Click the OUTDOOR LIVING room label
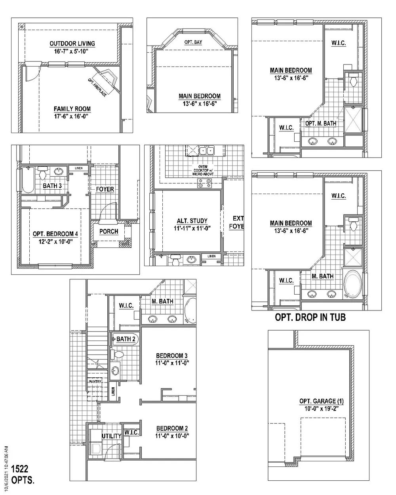[x=72, y=44]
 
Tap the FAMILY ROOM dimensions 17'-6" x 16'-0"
[x=71, y=116]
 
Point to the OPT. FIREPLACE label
[x=97, y=88]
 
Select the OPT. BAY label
[x=193, y=42]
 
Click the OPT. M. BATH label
[x=321, y=124]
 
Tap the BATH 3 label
[x=52, y=186]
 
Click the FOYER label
[x=105, y=189]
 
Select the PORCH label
[x=109, y=231]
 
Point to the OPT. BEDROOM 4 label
[x=55, y=234]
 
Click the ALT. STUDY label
[x=192, y=221]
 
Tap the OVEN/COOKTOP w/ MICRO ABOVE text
[x=203, y=170]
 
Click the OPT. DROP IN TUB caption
[x=310, y=318]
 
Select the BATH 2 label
[x=126, y=339]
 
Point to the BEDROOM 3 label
[x=171, y=356]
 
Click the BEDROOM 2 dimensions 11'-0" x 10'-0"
[x=172, y=436]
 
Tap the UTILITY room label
[x=112, y=436]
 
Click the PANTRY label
[x=95, y=382]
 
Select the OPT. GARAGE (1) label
[x=322, y=401]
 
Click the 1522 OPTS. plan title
[x=23, y=474]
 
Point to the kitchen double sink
[x=207, y=150]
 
